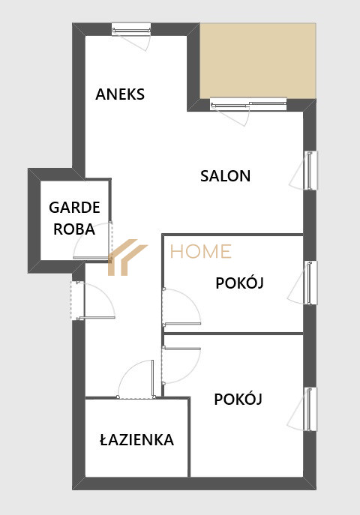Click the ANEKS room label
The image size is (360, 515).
(120, 94)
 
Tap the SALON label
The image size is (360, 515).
(225, 176)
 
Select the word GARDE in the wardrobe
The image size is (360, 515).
(74, 208)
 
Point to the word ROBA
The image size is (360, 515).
(74, 229)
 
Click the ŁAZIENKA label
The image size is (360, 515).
(136, 439)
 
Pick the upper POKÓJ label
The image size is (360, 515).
(239, 282)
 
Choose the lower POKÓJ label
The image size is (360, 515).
(238, 399)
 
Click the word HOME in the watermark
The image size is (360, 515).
(201, 252)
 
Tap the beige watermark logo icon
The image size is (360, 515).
(127, 257)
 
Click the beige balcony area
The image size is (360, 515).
(258, 61)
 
